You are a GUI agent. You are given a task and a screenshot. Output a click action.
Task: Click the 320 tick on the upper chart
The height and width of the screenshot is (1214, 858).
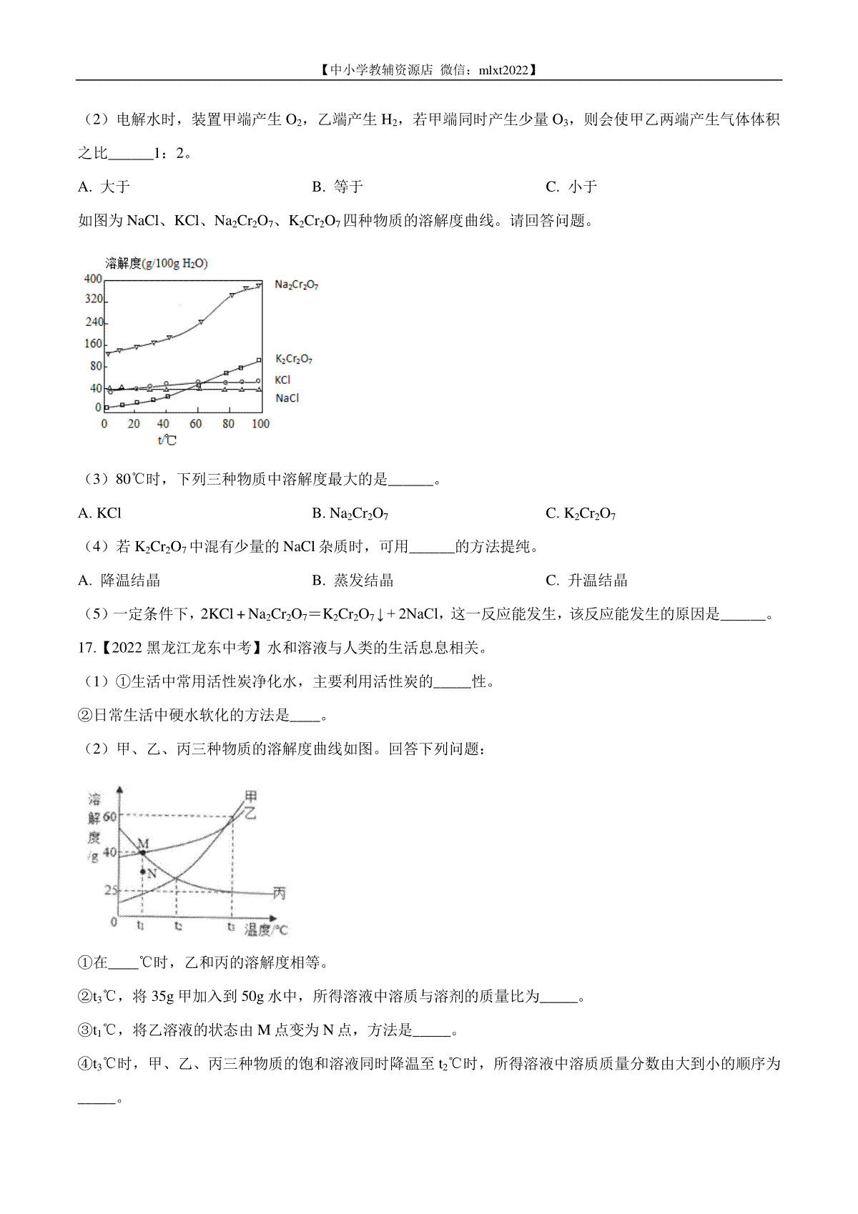(x=94, y=300)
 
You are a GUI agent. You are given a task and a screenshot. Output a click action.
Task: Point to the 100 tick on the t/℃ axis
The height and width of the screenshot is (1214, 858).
(x=260, y=424)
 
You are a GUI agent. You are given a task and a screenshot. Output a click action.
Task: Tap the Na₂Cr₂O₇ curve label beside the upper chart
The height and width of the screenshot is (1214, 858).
(x=296, y=285)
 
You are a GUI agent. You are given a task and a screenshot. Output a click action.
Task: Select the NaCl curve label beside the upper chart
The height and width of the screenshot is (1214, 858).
(x=287, y=398)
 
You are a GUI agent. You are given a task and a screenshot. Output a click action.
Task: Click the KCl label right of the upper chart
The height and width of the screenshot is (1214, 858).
(x=282, y=380)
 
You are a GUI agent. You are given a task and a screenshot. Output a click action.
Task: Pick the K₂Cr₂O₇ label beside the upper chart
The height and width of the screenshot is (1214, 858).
(x=293, y=359)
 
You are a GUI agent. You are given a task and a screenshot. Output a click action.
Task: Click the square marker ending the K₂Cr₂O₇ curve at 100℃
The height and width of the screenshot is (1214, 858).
(x=258, y=360)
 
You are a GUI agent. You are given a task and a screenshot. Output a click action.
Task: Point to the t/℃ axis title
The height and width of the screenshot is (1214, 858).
(x=167, y=440)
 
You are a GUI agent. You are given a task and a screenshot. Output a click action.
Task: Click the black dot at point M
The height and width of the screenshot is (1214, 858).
(x=143, y=853)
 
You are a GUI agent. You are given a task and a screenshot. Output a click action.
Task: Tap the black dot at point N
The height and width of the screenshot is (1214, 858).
(x=143, y=872)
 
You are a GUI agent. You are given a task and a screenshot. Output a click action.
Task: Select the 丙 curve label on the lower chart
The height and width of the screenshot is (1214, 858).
(x=279, y=893)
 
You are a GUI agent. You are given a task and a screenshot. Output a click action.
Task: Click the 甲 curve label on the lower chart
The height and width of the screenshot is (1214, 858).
(x=250, y=796)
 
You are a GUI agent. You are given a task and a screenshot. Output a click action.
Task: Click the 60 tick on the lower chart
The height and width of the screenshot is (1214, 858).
(x=109, y=816)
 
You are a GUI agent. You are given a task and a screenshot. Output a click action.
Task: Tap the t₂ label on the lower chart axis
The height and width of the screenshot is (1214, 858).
(x=178, y=926)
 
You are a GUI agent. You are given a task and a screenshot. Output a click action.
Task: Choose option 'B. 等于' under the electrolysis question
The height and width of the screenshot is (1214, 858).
(x=337, y=187)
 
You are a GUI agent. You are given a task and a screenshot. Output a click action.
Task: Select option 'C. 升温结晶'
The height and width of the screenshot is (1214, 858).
(x=586, y=581)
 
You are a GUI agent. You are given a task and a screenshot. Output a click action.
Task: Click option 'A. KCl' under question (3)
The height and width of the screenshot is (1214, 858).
(x=100, y=513)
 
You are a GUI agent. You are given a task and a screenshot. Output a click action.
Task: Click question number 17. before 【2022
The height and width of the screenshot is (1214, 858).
(x=87, y=648)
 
